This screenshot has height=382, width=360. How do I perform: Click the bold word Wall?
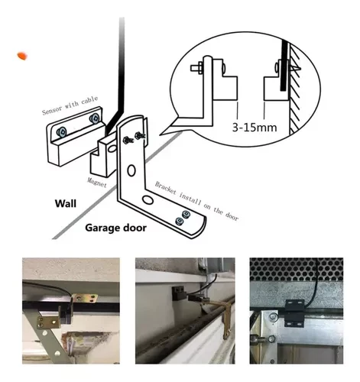(66, 203)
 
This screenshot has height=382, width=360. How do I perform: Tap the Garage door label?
(115, 228)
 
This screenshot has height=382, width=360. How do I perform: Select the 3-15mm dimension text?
(255, 127)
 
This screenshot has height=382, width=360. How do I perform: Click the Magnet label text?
(97, 182)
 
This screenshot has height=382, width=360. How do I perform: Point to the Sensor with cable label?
(70, 105)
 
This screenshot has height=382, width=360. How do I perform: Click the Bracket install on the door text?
(196, 201)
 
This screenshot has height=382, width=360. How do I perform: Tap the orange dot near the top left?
(22, 56)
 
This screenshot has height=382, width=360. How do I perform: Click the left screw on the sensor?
(61, 132)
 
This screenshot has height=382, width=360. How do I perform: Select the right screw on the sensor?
(94, 118)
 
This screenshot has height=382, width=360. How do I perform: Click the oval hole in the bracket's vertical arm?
(131, 170)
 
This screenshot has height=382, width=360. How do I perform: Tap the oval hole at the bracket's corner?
(148, 200)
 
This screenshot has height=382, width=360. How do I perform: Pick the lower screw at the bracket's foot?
(180, 222)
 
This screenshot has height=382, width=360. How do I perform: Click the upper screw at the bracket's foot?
(186, 214)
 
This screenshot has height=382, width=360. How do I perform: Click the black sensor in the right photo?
(294, 313)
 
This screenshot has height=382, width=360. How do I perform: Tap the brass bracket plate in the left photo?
(48, 322)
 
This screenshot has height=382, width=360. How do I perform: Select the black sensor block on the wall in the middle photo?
(178, 292)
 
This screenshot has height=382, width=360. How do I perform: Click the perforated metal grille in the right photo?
(297, 270)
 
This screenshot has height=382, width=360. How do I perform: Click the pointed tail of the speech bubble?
(161, 134)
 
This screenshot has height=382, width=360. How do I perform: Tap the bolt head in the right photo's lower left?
(271, 339)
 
